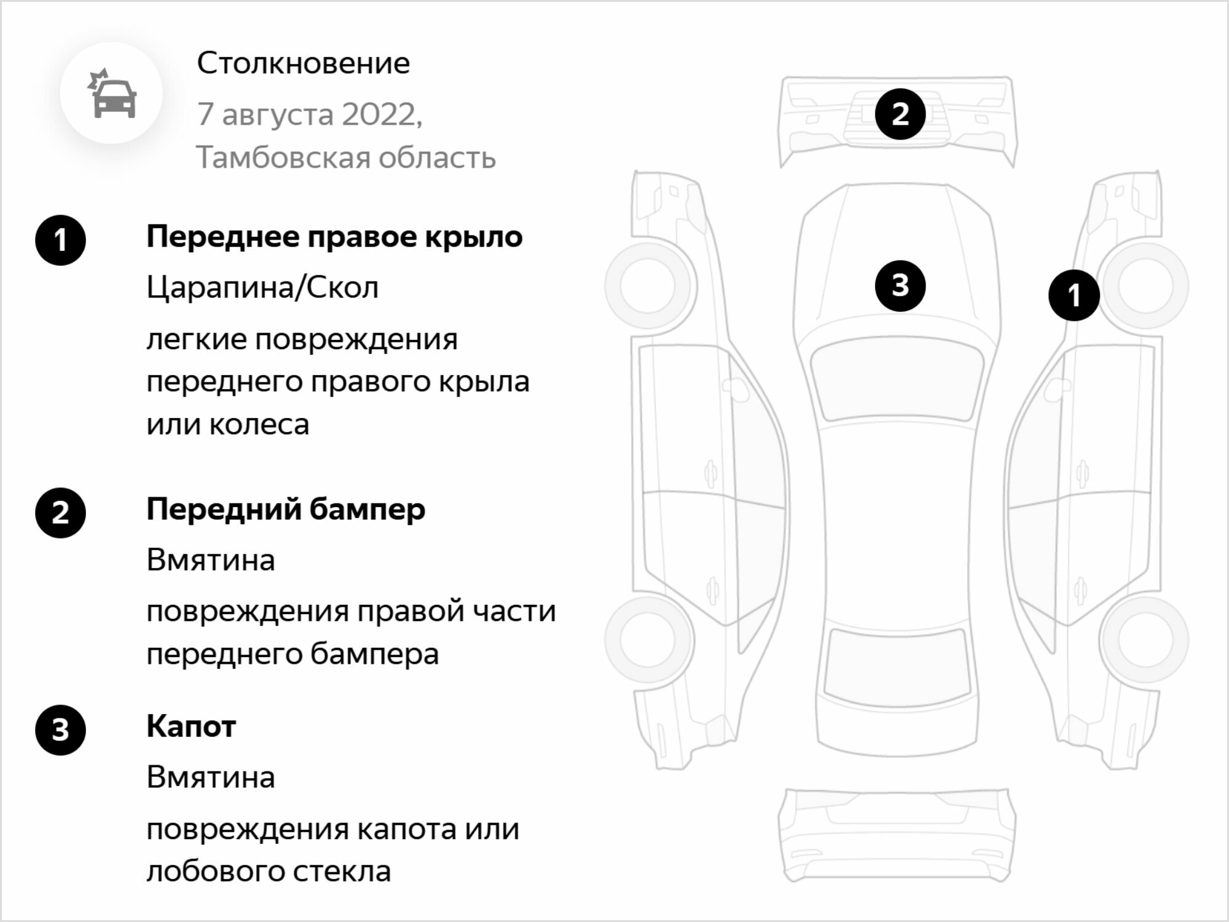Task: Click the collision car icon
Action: (x=112, y=93)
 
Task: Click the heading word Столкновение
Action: (x=304, y=63)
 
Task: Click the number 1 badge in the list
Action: (x=60, y=240)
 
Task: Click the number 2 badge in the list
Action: (x=60, y=513)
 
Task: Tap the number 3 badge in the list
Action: (x=60, y=730)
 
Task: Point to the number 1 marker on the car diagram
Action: (x=1074, y=295)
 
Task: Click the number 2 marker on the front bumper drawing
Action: (x=900, y=114)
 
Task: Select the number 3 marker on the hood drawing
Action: (x=900, y=285)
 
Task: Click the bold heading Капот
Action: (x=191, y=727)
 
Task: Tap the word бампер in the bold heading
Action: (x=367, y=510)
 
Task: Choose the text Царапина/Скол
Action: (x=262, y=288)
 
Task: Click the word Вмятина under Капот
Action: (x=211, y=778)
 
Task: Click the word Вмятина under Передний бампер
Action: (x=211, y=561)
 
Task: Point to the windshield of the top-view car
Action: (x=897, y=381)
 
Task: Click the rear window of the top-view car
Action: (x=897, y=668)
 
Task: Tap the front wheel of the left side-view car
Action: (x=651, y=285)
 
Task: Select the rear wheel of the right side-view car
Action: (x=1144, y=640)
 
